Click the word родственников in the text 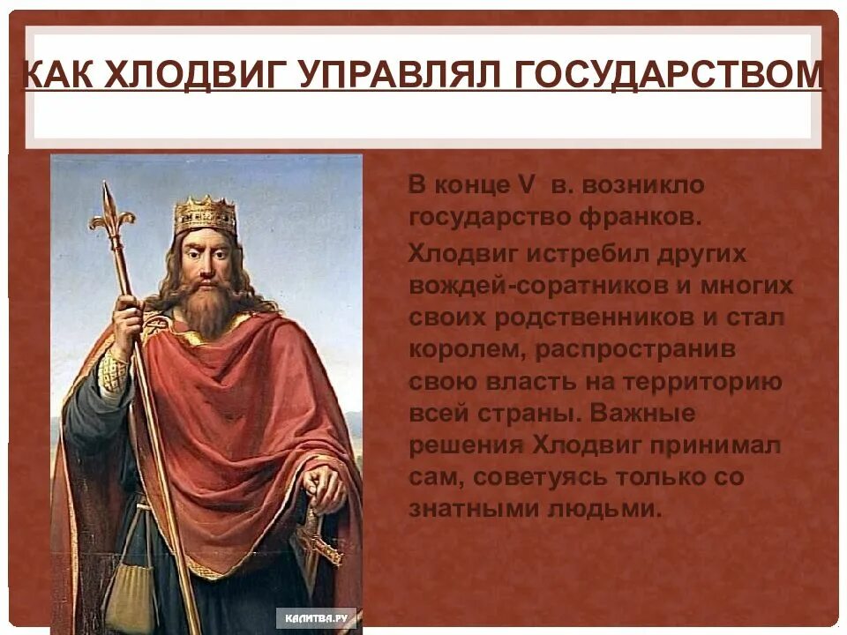(x=590, y=317)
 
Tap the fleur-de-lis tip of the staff (x=109, y=207)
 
